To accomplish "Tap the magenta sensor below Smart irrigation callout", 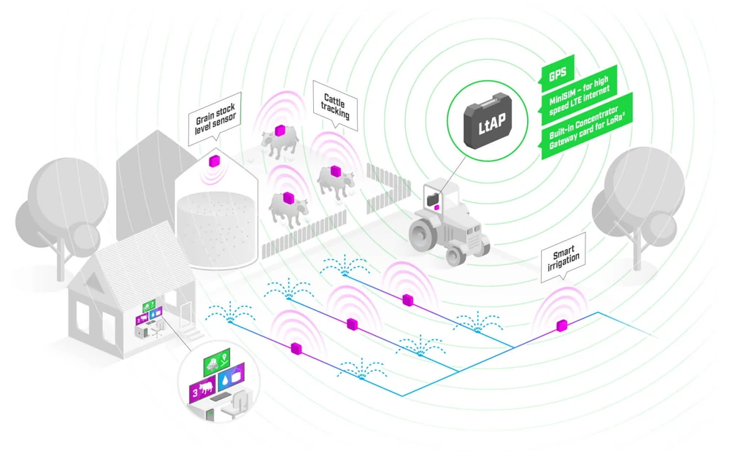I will point(561,325).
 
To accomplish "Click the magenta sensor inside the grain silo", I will point(215,161).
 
